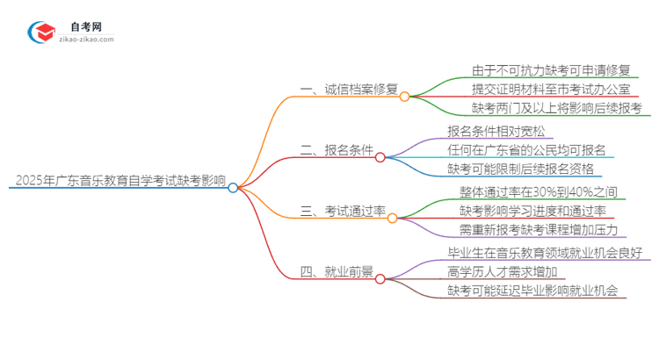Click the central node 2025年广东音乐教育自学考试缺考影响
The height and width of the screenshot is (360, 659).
tap(120, 182)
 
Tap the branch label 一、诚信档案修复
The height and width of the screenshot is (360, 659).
tap(349, 90)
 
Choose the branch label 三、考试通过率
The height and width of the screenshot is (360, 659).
tap(344, 211)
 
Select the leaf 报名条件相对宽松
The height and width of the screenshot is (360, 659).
tap(496, 132)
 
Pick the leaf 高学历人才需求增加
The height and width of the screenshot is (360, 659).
tap(502, 271)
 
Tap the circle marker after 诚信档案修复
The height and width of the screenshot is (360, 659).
tap(404, 97)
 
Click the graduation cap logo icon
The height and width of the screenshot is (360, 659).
tap(41, 32)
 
